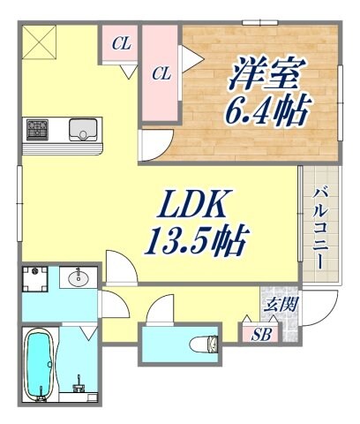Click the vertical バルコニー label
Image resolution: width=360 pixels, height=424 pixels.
[321, 222]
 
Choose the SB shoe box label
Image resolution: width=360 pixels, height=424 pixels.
[261, 335]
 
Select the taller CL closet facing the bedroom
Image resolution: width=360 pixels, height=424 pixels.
[161, 73]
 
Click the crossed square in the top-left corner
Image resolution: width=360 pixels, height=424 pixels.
[39, 42]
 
